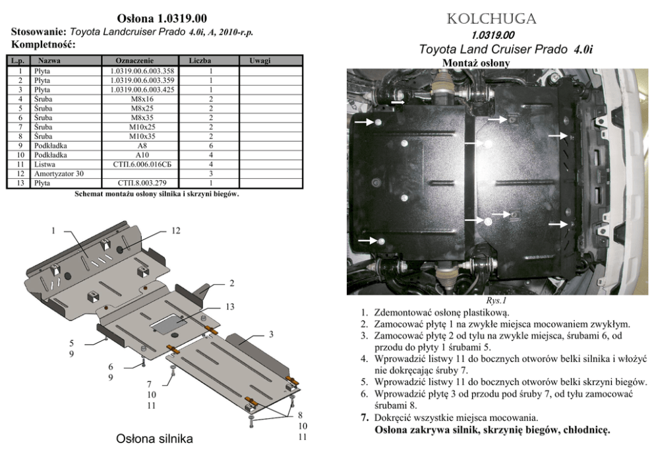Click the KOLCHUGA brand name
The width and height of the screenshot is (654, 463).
[x=491, y=19]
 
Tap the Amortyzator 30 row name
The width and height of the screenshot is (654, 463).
[x=59, y=173]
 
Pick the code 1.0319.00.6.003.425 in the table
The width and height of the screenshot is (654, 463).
[x=142, y=90]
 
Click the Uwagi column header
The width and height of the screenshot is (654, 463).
[x=260, y=61]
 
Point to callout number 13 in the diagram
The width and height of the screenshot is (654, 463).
[x=230, y=307]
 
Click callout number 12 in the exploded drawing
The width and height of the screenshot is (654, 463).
[x=175, y=231]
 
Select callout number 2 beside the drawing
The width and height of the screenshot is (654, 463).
[x=232, y=284]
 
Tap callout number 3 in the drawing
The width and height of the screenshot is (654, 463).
[x=271, y=334]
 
